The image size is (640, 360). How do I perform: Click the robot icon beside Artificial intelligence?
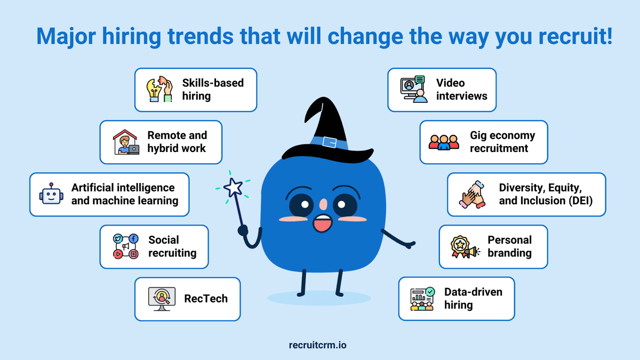51,194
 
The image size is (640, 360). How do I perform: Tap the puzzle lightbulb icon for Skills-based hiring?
159,89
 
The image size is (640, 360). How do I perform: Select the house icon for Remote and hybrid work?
125,142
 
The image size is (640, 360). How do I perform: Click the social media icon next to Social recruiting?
125,246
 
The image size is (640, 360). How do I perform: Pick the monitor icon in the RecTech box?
162,299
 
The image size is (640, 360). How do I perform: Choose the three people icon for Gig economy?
444,141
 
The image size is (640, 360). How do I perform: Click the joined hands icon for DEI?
472,194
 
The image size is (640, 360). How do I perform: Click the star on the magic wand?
233,187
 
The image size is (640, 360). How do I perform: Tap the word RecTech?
205,299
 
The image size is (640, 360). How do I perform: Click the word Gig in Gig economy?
478,135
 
